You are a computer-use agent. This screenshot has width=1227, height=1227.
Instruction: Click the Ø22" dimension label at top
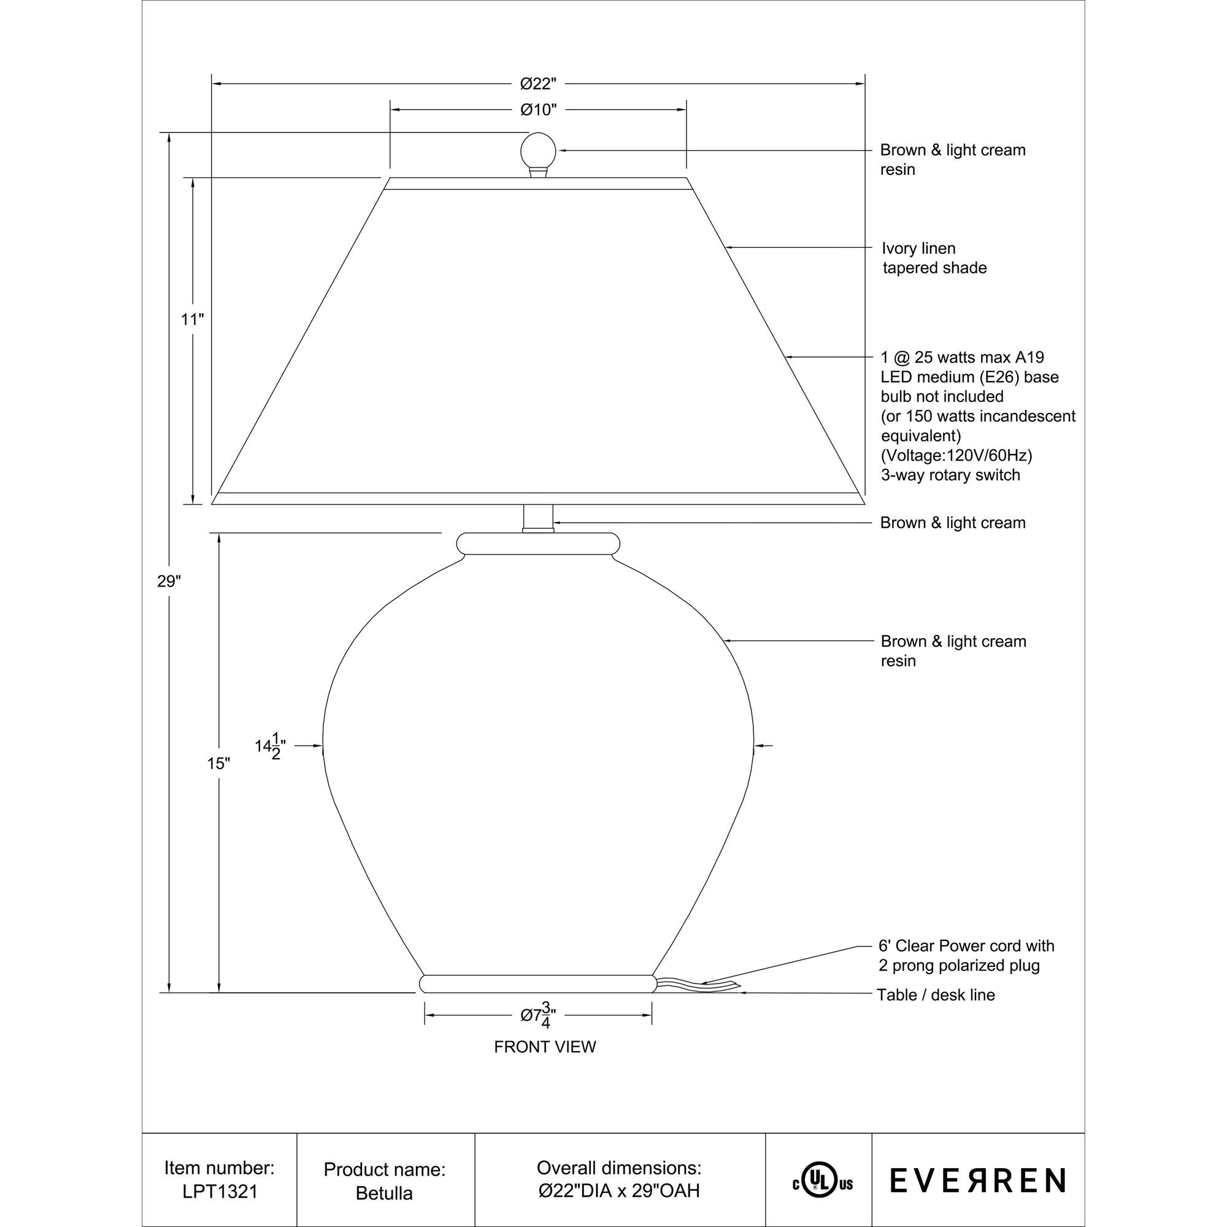538,84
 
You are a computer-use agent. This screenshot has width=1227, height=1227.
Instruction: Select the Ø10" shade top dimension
538,110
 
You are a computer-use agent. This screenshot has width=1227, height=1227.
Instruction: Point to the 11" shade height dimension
192,320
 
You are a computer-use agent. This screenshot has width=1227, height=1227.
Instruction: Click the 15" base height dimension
218,763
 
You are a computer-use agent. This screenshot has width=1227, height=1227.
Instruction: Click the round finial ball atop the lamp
538,151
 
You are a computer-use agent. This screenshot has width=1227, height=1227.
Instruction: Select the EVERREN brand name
977,1180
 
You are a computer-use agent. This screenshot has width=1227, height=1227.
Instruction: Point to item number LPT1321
220,1192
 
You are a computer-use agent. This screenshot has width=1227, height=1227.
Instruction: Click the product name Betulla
384,1193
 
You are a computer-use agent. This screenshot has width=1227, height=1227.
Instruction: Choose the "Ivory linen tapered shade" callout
934,258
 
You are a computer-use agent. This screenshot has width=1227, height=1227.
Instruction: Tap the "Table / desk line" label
936,995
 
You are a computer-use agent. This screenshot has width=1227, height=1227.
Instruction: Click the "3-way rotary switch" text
950,475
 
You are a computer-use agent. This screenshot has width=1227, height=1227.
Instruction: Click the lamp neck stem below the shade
538,518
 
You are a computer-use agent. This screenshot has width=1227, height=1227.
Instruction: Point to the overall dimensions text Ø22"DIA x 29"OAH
619,1191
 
